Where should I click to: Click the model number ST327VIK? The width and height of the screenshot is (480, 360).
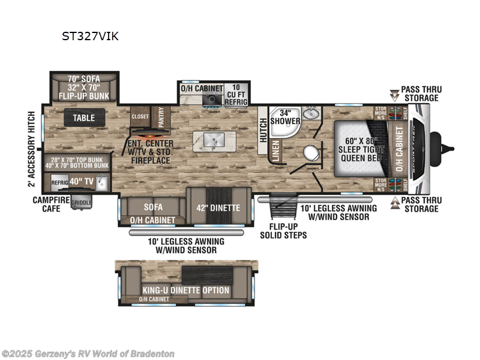tap(90, 36)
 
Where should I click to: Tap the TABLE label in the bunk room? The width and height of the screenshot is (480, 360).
tap(84, 118)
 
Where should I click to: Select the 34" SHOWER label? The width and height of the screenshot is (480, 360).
tap(285, 116)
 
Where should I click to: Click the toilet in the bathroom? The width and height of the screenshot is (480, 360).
tap(310, 152)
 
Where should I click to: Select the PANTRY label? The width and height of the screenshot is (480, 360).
tap(160, 114)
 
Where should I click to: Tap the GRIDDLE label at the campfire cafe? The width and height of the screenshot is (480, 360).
tap(82, 203)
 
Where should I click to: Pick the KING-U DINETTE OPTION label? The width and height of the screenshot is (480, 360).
tap(185, 290)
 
